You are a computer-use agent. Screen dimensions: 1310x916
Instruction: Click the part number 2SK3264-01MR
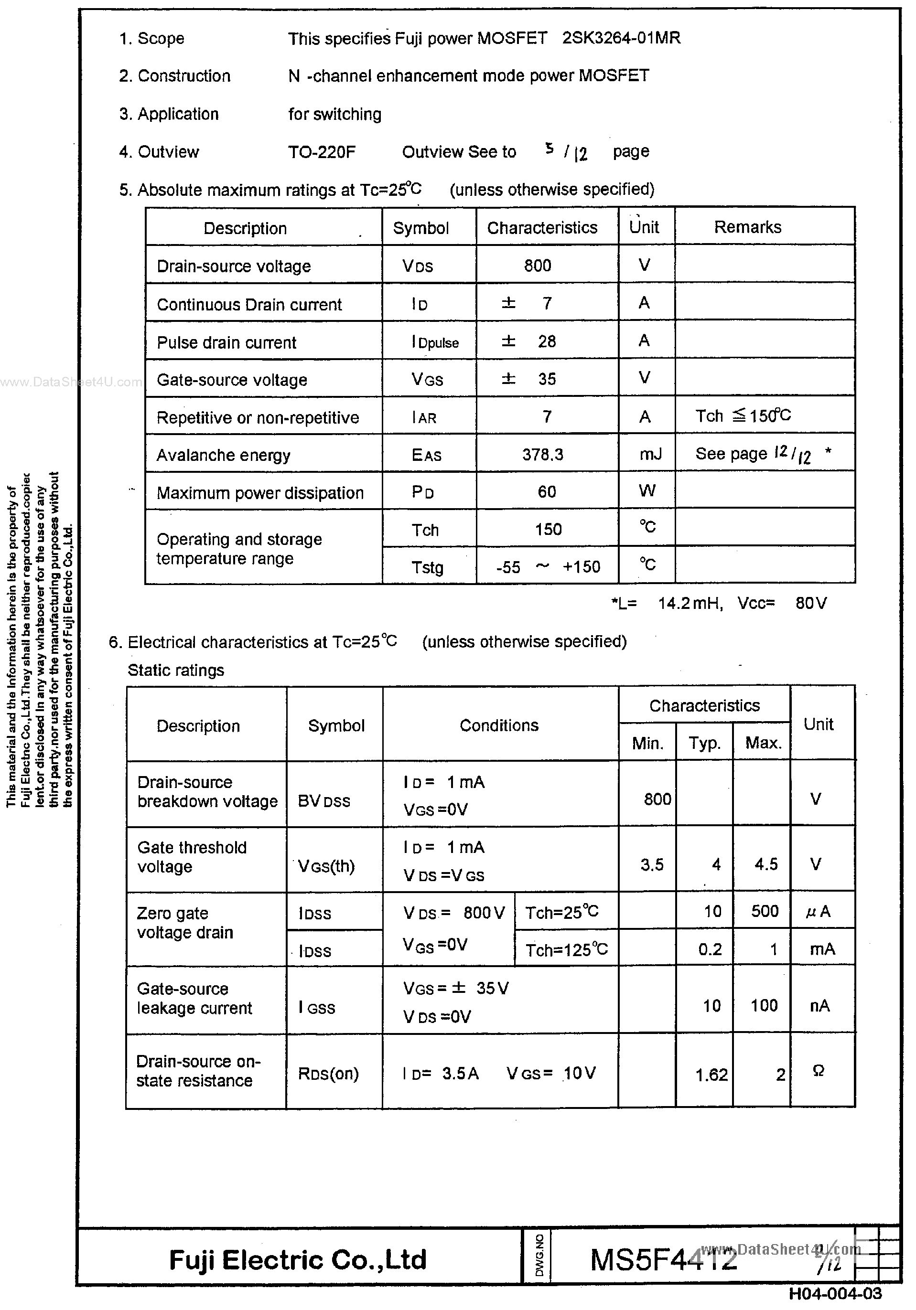621,38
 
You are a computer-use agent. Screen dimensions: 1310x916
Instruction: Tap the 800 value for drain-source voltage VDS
537,266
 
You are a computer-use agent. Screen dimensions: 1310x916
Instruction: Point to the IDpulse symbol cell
435,342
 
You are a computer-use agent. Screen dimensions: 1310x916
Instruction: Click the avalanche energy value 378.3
542,454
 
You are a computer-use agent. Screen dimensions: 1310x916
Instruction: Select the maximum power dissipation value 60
546,492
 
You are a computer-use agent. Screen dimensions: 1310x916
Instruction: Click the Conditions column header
499,725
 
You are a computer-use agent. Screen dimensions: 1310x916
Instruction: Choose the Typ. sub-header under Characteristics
704,743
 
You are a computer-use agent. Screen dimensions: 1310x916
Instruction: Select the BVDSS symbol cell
323,801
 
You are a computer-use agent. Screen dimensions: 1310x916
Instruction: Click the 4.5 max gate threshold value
765,864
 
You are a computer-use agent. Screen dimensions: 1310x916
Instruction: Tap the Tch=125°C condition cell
566,950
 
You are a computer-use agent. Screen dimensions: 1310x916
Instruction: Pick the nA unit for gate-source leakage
819,1005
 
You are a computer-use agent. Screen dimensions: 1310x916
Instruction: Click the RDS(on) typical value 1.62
711,1075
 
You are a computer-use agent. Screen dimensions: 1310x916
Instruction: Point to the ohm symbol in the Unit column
818,1071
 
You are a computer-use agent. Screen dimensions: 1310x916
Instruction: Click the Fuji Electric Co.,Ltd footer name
297,1259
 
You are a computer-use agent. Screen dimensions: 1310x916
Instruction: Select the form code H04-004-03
835,1293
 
